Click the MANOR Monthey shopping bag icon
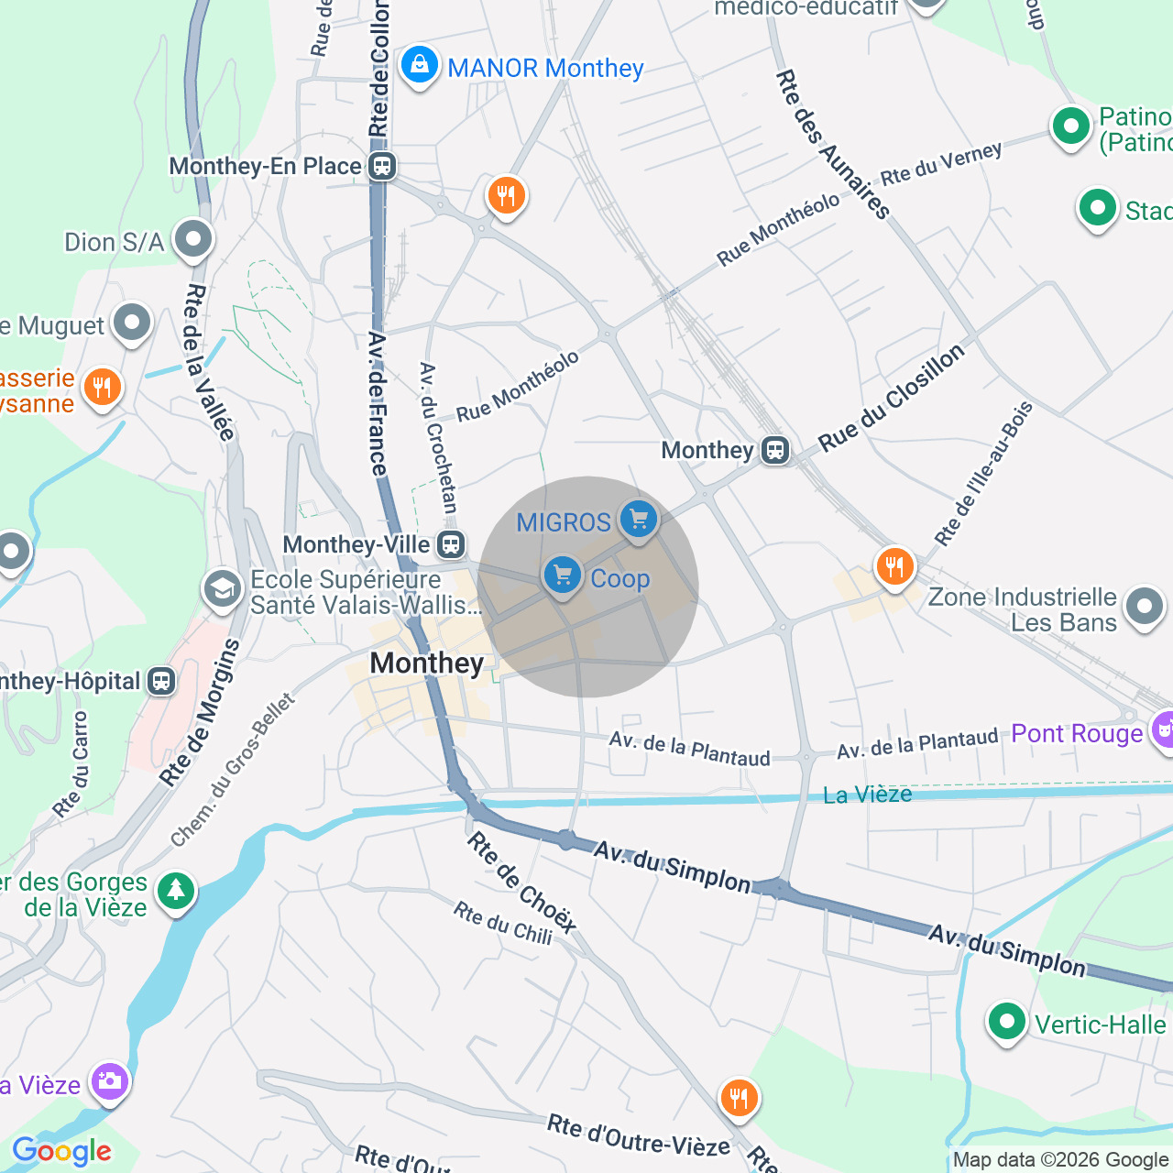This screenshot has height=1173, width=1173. [x=419, y=66]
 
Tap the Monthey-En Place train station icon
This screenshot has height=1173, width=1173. [x=382, y=167]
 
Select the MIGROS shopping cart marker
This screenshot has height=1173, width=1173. [x=638, y=521]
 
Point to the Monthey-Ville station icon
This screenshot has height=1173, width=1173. [x=450, y=544]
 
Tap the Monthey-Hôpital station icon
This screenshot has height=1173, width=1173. [x=161, y=681]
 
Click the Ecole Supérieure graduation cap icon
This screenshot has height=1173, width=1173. [x=223, y=591]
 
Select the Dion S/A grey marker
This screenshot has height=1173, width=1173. [x=192, y=241]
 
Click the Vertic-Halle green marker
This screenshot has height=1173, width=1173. [x=1006, y=1022]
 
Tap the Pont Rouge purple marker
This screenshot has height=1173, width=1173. [x=1162, y=731]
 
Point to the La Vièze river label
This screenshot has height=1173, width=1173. [x=867, y=795]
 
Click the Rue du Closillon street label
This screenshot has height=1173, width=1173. [x=891, y=398]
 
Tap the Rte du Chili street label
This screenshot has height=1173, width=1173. [x=503, y=923]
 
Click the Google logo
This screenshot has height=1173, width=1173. [x=61, y=1151]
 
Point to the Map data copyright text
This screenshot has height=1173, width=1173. [x=1060, y=1159]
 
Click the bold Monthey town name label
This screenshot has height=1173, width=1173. [x=426, y=663]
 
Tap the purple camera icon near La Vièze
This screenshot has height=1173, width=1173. [x=109, y=1081]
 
